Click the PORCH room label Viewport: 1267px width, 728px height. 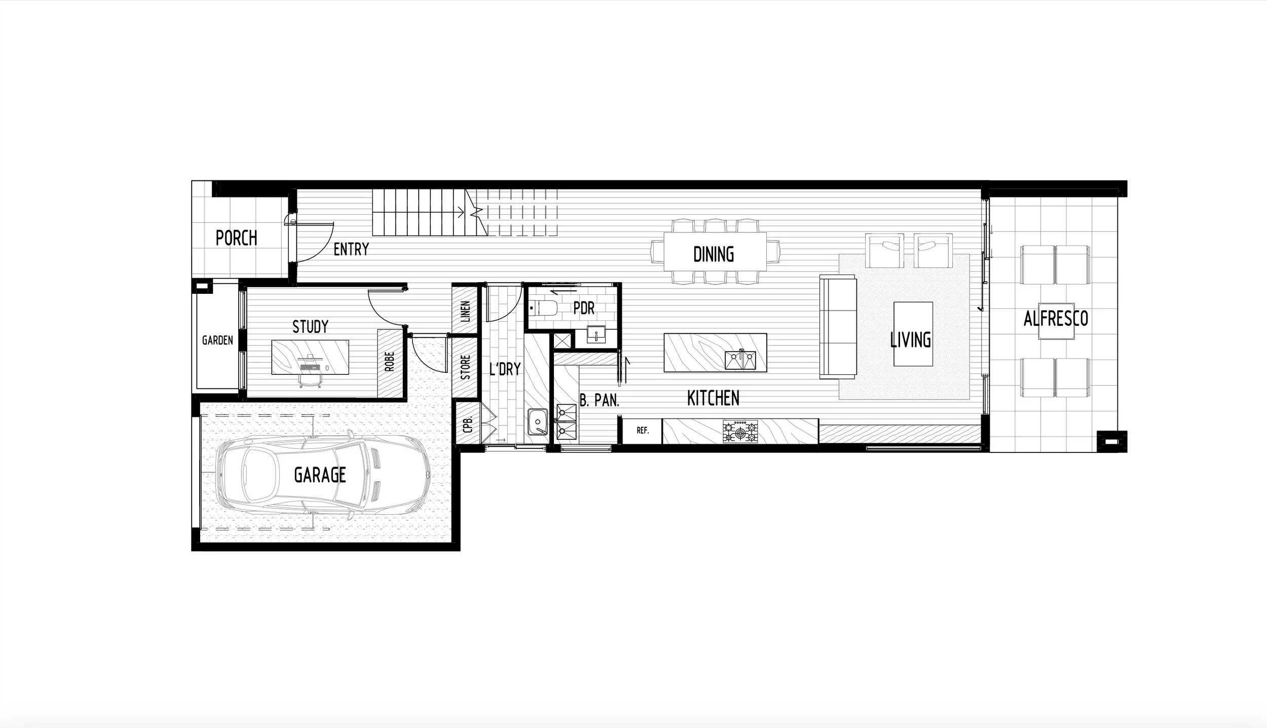(236, 238)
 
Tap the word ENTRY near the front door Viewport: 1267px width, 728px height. (351, 249)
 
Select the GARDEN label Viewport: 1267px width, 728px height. (217, 340)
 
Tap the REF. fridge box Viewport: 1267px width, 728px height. (642, 431)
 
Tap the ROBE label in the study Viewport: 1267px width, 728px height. (390, 362)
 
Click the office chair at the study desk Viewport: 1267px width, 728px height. (310, 380)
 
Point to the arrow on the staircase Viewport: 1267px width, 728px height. (461, 213)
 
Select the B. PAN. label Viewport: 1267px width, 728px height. (599, 401)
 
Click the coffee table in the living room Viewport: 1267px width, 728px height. (913, 334)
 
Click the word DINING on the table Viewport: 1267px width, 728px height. (714, 254)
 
